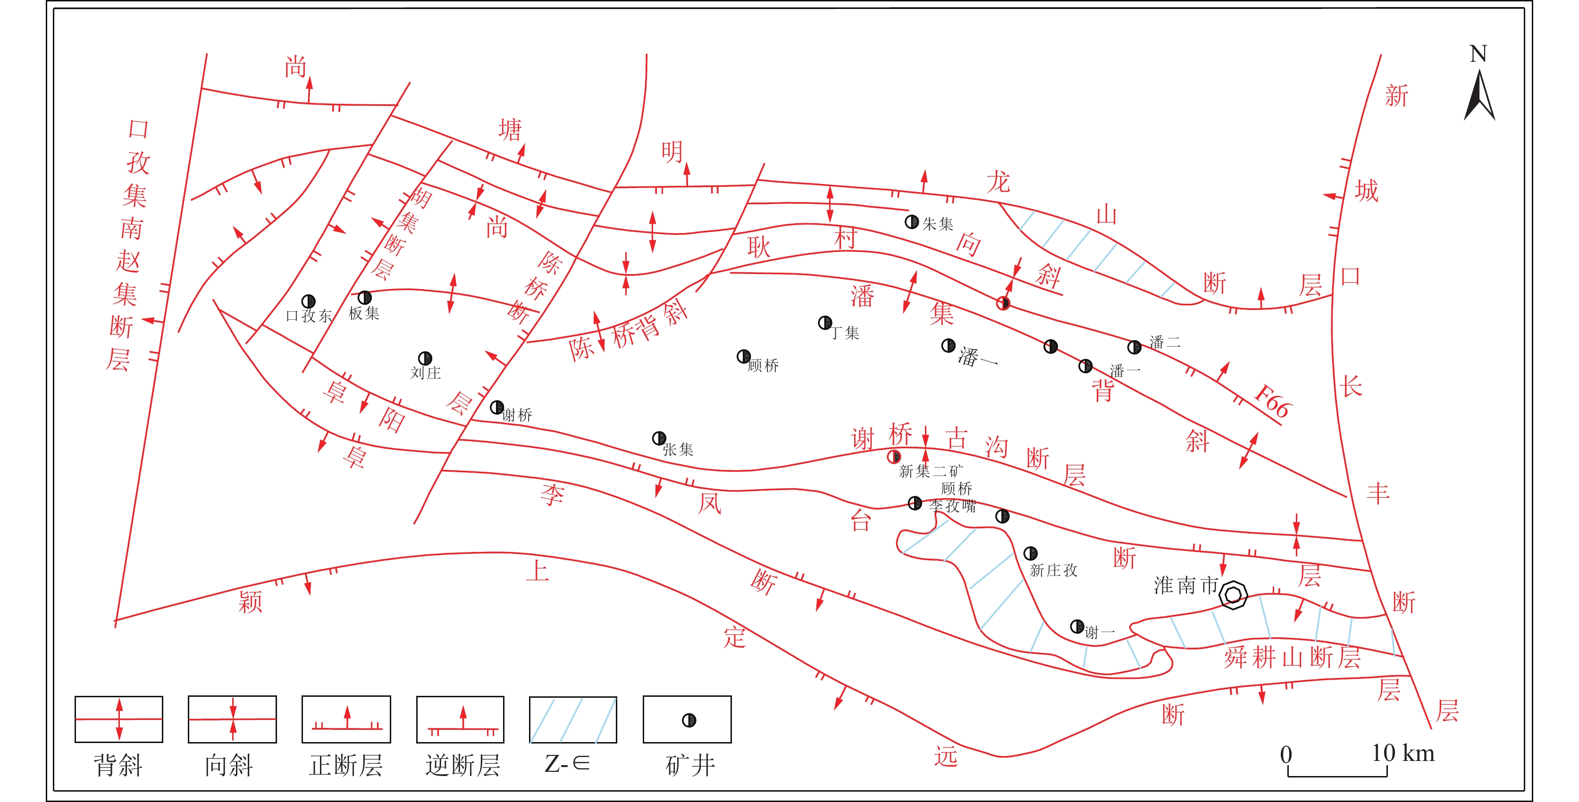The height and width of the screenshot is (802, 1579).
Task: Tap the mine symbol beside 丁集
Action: click(825, 322)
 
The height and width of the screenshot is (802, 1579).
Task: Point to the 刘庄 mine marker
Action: click(425, 358)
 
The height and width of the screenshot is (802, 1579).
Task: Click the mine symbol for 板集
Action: click(365, 298)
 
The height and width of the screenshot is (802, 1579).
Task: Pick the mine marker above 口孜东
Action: click(308, 301)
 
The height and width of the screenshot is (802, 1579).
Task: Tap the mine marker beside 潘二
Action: click(1134, 347)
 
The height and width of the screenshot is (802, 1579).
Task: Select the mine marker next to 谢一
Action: click(1077, 626)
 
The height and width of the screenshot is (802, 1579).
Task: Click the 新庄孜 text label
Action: click(1054, 570)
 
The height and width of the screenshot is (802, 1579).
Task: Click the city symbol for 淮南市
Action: click(1233, 595)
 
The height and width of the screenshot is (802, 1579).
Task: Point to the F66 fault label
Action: click(1274, 401)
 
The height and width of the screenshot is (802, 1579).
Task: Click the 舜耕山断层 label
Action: click(1293, 658)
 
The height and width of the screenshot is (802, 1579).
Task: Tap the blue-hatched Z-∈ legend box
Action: click(573, 719)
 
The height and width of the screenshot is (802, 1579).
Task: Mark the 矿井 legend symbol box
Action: click(687, 719)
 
